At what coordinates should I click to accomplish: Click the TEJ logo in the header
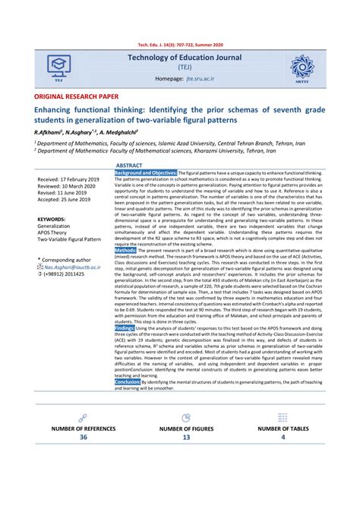[x=58, y=67]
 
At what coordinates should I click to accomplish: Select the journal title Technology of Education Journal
[x=185, y=57]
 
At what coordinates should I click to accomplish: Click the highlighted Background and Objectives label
[x=146, y=173]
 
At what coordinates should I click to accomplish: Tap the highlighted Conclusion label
[x=128, y=381]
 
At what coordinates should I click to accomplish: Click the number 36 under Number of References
[x=83, y=438]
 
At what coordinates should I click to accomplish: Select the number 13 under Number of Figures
[x=185, y=438]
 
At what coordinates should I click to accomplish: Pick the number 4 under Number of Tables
[x=283, y=438]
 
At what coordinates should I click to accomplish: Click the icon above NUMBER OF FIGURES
[x=186, y=418]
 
